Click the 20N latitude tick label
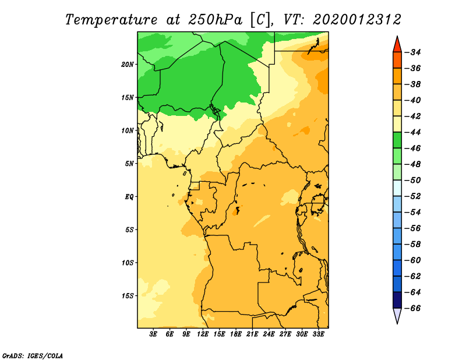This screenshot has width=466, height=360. click(x=127, y=65)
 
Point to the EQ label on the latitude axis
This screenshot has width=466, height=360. click(x=129, y=197)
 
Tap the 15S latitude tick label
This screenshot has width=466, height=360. click(x=127, y=296)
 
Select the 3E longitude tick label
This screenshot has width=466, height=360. click(x=153, y=334)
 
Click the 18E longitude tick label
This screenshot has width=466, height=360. click(x=236, y=334)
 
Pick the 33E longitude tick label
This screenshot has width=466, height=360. click(x=318, y=334)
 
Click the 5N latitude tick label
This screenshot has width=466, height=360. click(x=129, y=164)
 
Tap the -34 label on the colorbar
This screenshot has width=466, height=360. click(x=412, y=52)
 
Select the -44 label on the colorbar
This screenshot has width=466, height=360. click(x=412, y=132)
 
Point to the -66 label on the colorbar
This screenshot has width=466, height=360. click(x=412, y=308)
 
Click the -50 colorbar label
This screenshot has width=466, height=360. click(x=412, y=181)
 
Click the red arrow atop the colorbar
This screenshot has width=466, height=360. click(x=397, y=45)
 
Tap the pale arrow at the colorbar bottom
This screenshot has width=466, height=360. click(x=397, y=315)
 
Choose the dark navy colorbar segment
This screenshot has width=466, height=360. click(x=397, y=300)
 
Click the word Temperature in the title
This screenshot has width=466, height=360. click(x=111, y=20)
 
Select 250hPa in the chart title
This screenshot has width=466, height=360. click(x=215, y=20)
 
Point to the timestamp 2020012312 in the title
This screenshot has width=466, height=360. click(x=357, y=20)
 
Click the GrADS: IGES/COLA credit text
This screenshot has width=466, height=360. click(x=33, y=355)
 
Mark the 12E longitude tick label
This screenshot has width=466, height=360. click(x=203, y=334)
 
